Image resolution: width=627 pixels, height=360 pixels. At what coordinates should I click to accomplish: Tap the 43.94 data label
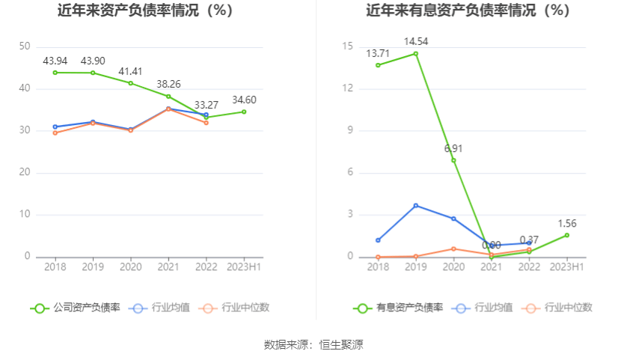[x=55, y=61]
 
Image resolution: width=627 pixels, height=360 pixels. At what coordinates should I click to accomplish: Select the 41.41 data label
[x=131, y=72]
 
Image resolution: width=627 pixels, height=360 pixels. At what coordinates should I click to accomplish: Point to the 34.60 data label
[x=244, y=100]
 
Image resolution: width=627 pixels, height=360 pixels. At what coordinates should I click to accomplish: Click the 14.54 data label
[x=416, y=42]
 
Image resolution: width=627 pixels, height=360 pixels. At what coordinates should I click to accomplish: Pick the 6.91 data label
[x=453, y=148]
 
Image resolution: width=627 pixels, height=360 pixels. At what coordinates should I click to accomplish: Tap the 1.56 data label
[x=566, y=224]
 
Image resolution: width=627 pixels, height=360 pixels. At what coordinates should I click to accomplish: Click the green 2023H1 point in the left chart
[x=244, y=112]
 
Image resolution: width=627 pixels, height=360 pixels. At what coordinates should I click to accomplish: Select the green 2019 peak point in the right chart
[x=416, y=54]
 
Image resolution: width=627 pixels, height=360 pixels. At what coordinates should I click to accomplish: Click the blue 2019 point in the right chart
[x=416, y=205]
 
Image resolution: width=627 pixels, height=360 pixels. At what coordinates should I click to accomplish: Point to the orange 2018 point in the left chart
[x=55, y=132]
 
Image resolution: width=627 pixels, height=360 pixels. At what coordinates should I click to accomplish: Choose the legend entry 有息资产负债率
[x=399, y=308]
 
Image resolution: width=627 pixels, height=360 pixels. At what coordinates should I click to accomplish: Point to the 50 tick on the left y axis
[x=25, y=46]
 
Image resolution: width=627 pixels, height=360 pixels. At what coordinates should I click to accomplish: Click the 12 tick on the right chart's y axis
[x=347, y=88]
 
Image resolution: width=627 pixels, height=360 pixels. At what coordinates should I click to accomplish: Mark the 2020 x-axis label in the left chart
[x=131, y=266]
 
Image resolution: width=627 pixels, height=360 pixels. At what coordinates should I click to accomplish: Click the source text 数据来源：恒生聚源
[x=313, y=345]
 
